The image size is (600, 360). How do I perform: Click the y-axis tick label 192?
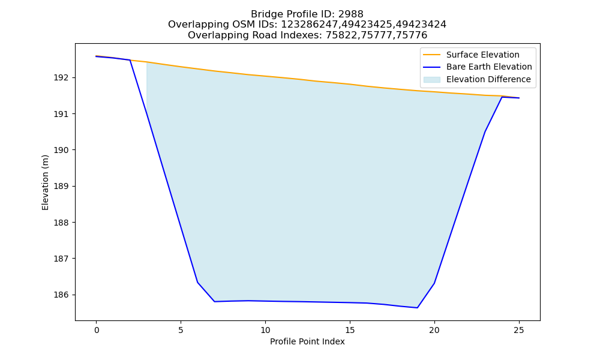click(x=61, y=77)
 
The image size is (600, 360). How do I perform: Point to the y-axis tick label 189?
click(x=61, y=187)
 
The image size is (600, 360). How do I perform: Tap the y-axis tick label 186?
click(x=61, y=295)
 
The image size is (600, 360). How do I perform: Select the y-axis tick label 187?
click(x=61, y=259)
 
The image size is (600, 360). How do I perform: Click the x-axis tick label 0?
click(x=97, y=330)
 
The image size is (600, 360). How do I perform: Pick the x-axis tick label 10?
click(x=265, y=330)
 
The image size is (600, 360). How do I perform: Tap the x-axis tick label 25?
click(x=519, y=330)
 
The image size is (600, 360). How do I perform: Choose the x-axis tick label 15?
click(x=350, y=330)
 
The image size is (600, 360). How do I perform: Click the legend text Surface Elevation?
click(x=482, y=55)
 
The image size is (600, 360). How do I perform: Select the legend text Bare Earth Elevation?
click(x=489, y=67)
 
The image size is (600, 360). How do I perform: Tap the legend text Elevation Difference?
click(x=488, y=80)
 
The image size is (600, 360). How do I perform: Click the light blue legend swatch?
click(x=431, y=80)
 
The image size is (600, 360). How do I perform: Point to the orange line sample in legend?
click(x=431, y=55)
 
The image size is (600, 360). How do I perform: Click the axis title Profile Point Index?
click(x=307, y=341)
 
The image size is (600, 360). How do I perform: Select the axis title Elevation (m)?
click(x=45, y=182)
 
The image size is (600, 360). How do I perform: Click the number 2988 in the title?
click(x=350, y=14)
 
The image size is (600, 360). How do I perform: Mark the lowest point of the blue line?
click(x=417, y=308)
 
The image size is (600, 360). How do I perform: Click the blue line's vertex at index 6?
click(x=197, y=283)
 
